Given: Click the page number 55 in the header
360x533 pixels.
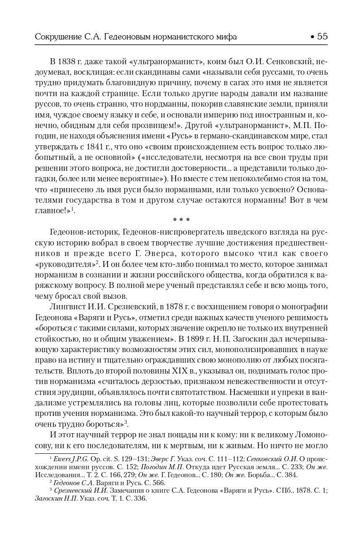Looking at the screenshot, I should coord(322,37).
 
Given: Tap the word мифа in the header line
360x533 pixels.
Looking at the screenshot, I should coord(227,37).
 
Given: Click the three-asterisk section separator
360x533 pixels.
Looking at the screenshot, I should coord(181,219).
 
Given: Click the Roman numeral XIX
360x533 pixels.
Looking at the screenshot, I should coord(180,371).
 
